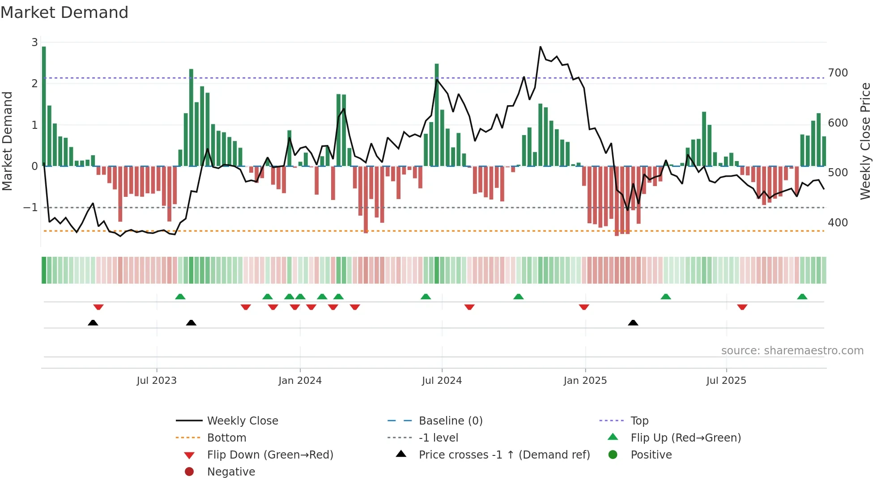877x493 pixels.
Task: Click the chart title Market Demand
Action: pyautogui.click(x=64, y=13)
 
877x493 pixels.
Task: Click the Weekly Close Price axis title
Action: pyautogui.click(x=865, y=141)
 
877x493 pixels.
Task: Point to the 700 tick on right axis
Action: pyautogui.click(x=838, y=73)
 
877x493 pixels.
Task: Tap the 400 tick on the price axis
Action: pyautogui.click(x=838, y=223)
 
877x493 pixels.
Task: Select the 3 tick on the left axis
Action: pyautogui.click(x=34, y=42)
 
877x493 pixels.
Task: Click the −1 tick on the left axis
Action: pyautogui.click(x=30, y=208)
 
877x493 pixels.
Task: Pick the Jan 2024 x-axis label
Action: pyautogui.click(x=300, y=381)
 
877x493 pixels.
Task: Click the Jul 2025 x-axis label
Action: pyautogui.click(x=726, y=381)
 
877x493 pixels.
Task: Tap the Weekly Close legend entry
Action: pyautogui.click(x=242, y=421)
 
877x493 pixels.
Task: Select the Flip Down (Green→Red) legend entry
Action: pyautogui.click(x=270, y=455)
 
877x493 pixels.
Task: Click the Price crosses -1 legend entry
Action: pyautogui.click(x=504, y=455)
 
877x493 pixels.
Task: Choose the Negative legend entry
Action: pyautogui.click(x=231, y=472)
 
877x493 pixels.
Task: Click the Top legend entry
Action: pyautogui.click(x=639, y=421)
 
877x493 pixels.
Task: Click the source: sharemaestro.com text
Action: pyautogui.click(x=792, y=351)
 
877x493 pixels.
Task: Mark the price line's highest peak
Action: pyautogui.click(x=541, y=47)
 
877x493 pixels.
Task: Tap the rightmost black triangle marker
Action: pyautogui.click(x=633, y=323)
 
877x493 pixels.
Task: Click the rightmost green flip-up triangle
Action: pyautogui.click(x=802, y=297)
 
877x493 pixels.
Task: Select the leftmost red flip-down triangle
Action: pyautogui.click(x=98, y=307)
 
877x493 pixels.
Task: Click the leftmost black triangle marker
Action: pyautogui.click(x=93, y=323)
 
